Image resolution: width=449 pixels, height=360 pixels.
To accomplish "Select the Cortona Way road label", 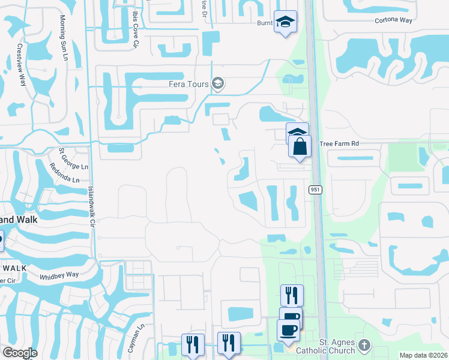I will (394, 20).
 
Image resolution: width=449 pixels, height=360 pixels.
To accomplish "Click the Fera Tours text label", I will (188, 84).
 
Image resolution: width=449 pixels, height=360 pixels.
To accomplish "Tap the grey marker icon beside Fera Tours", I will (218, 84).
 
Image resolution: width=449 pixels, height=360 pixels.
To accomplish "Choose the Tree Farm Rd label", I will (339, 144).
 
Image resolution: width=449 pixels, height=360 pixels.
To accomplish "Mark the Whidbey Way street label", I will (59, 275).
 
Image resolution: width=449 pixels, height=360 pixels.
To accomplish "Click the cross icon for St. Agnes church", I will (364, 345).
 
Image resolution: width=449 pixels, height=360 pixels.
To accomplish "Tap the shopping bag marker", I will (300, 146).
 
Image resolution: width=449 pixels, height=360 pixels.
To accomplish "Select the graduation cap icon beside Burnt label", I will (286, 22).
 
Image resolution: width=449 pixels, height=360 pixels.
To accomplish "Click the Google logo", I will (20, 353).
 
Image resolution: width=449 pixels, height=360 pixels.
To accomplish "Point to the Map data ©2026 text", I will (423, 355).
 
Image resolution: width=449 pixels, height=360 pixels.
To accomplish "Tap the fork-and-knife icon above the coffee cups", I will (291, 295).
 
